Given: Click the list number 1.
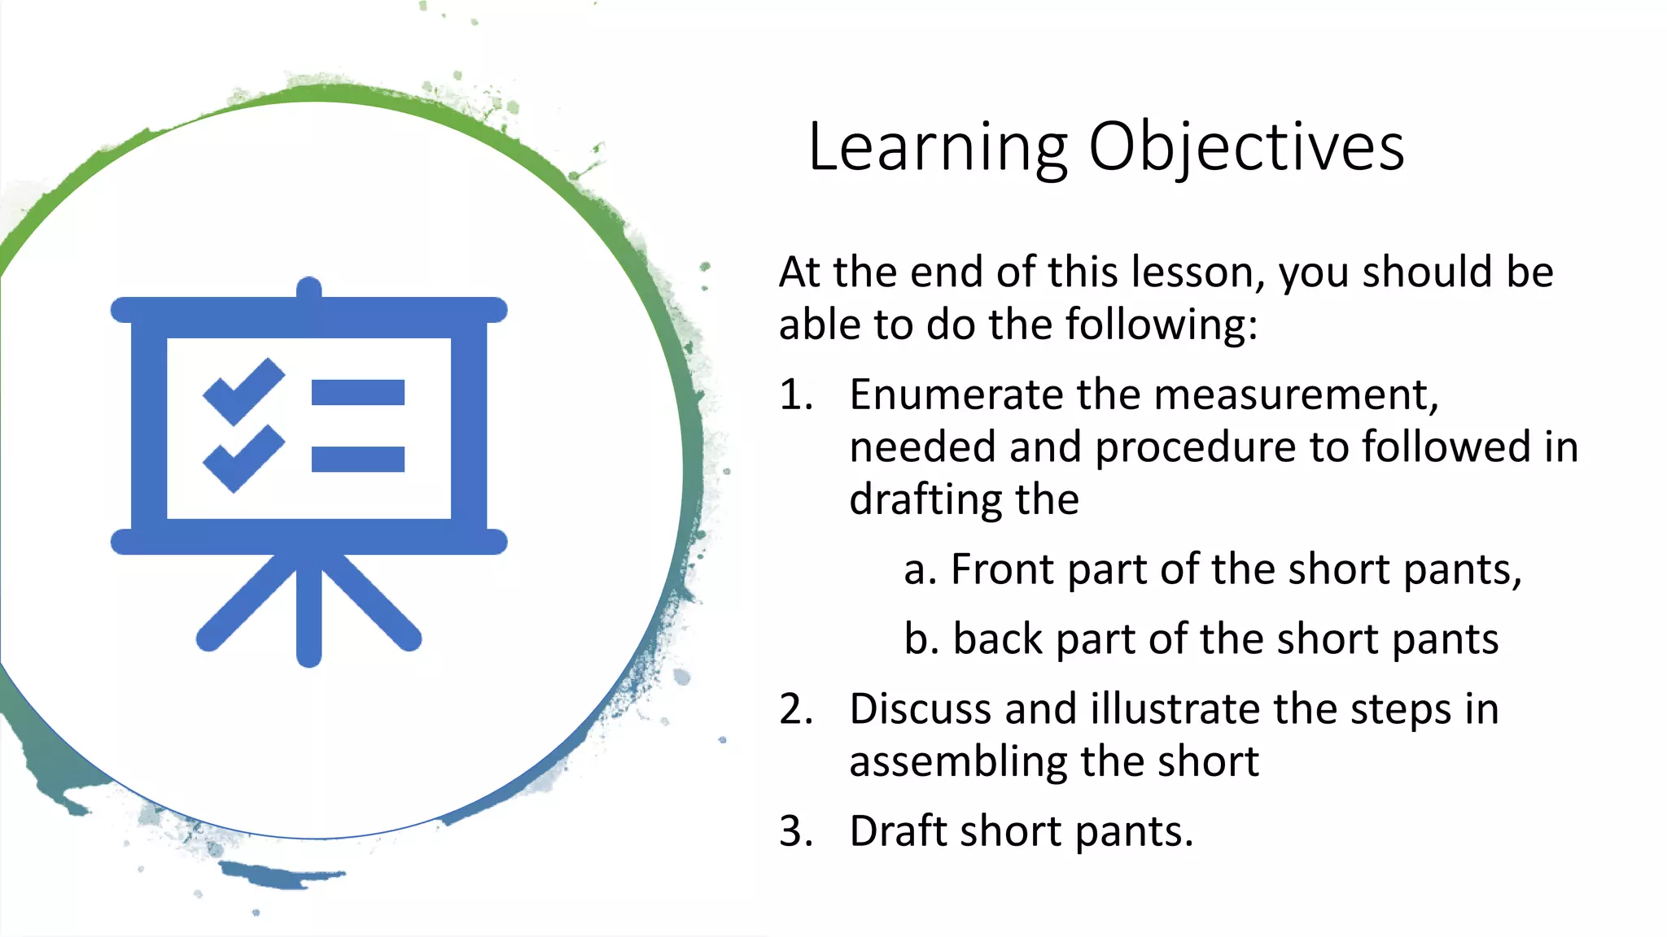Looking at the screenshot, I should point(795,395).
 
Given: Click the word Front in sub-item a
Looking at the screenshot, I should point(1002,569).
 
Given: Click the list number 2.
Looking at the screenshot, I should point(795,709).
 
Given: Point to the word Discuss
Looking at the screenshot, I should point(921,709).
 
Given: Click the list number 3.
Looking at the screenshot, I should point(795,832).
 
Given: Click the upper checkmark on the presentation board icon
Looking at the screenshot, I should point(243,391).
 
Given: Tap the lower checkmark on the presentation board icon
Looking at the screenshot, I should point(243,459).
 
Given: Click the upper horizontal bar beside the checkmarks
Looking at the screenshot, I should point(358,392).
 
